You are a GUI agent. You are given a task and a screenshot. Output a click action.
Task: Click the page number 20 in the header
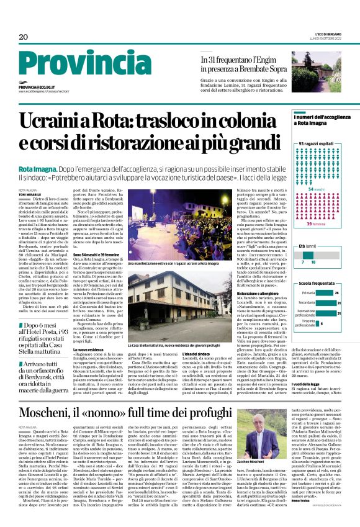(23, 37)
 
